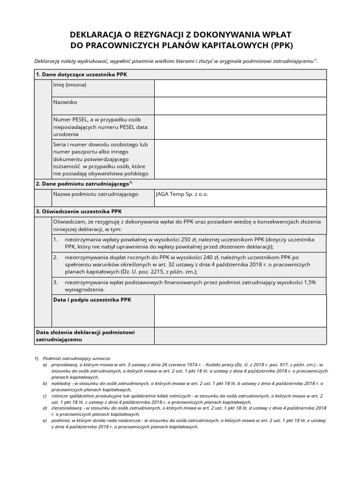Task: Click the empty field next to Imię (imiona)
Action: click(240, 88)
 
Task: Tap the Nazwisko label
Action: click(65, 102)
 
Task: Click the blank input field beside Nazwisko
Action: click(240, 105)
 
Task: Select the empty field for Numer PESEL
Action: click(240, 127)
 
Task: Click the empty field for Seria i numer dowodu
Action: click(240, 159)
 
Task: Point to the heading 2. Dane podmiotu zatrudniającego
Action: click(84, 184)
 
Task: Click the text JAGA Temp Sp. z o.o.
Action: click(182, 194)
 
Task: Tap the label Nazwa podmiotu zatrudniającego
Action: click(96, 194)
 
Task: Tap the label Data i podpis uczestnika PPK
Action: click(91, 300)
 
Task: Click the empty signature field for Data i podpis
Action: click(240, 311)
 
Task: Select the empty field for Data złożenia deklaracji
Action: click(240, 336)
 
